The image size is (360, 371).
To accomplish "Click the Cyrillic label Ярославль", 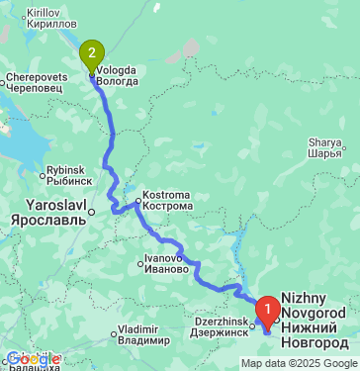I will (49, 221).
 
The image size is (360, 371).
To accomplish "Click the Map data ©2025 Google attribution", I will (298, 363).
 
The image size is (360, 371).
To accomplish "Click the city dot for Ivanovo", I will (141, 264).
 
